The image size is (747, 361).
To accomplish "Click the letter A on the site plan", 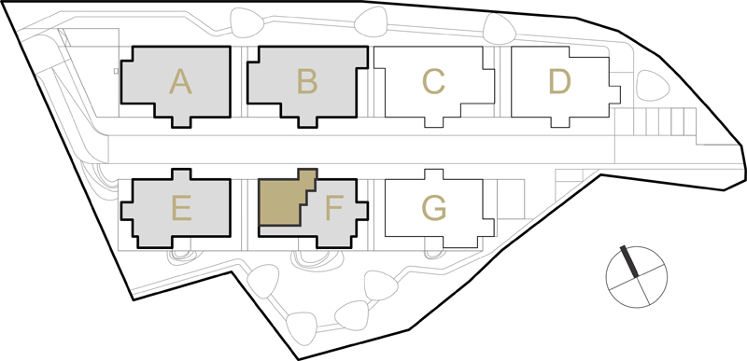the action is (x=180, y=81).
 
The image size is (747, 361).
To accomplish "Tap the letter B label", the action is (x=307, y=81).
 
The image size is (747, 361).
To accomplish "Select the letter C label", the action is (x=433, y=81).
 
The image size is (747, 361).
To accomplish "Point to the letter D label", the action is (x=559, y=81).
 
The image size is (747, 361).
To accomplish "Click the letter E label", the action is (x=181, y=209).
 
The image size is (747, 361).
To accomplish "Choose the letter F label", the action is (x=334, y=209).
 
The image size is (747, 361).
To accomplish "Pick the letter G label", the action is (x=434, y=209).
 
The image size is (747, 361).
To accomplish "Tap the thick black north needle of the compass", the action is (x=628, y=261).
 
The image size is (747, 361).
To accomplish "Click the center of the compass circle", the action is (x=637, y=276).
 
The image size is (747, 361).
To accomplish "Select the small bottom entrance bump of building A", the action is (x=181, y=122).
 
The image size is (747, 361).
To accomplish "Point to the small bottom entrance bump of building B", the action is (x=307, y=122).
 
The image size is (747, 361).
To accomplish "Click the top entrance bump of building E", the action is (x=181, y=174).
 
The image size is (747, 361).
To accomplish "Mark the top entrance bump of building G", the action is (x=434, y=174).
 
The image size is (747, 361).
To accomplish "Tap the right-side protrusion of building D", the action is (x=614, y=94).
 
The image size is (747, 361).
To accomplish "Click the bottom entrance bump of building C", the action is (x=433, y=122).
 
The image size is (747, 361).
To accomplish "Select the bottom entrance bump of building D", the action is (x=560, y=122).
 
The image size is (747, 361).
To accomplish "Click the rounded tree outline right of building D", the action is (x=653, y=86).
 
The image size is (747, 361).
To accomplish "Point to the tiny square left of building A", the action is (x=116, y=71).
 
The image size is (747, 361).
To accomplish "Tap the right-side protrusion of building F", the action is (x=361, y=211).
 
